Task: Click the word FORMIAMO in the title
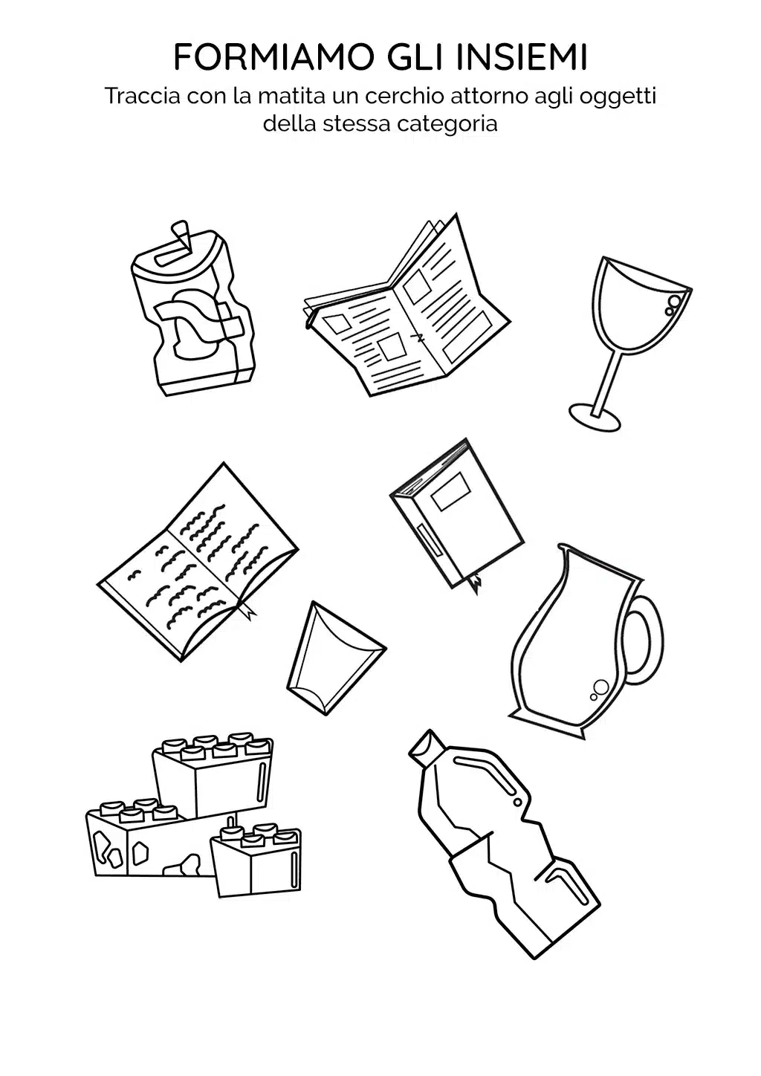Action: (273, 57)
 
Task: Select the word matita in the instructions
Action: (291, 96)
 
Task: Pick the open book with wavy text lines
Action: (198, 563)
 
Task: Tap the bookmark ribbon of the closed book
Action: (476, 583)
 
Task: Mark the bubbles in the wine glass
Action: (673, 305)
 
